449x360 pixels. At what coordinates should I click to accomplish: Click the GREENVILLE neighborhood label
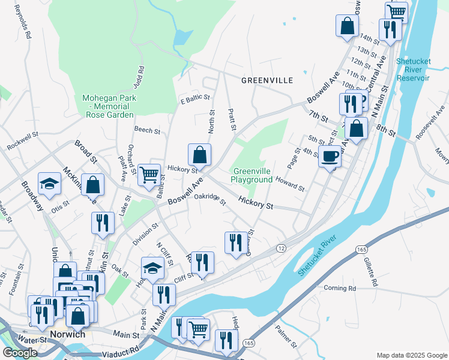267,80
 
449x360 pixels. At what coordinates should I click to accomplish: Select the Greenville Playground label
252,175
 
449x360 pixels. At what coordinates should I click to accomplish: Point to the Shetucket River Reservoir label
413,70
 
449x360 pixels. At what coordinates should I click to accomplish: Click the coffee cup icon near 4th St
330,157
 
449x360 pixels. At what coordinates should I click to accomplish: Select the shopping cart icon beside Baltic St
149,175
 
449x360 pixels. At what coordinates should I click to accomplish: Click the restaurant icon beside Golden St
235,242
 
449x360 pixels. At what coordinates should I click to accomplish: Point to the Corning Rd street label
340,288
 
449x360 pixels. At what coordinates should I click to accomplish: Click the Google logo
20,353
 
